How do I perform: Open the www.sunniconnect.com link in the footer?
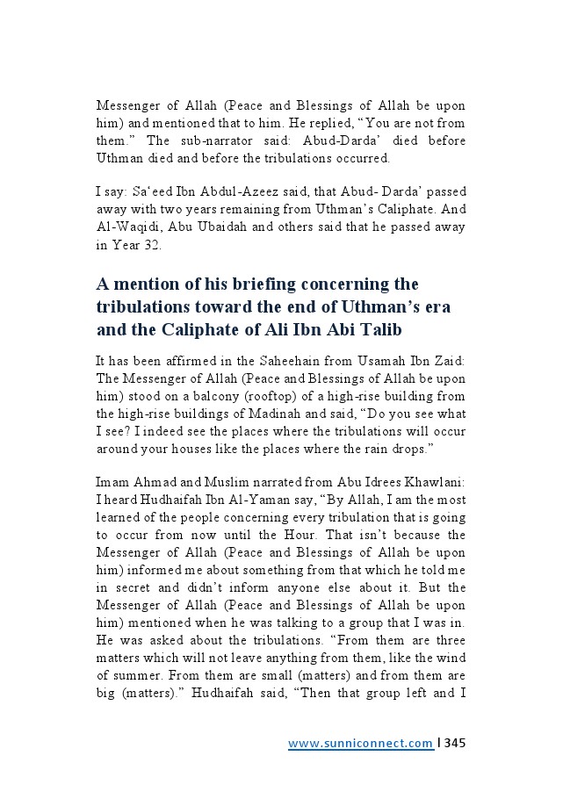point(360,744)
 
